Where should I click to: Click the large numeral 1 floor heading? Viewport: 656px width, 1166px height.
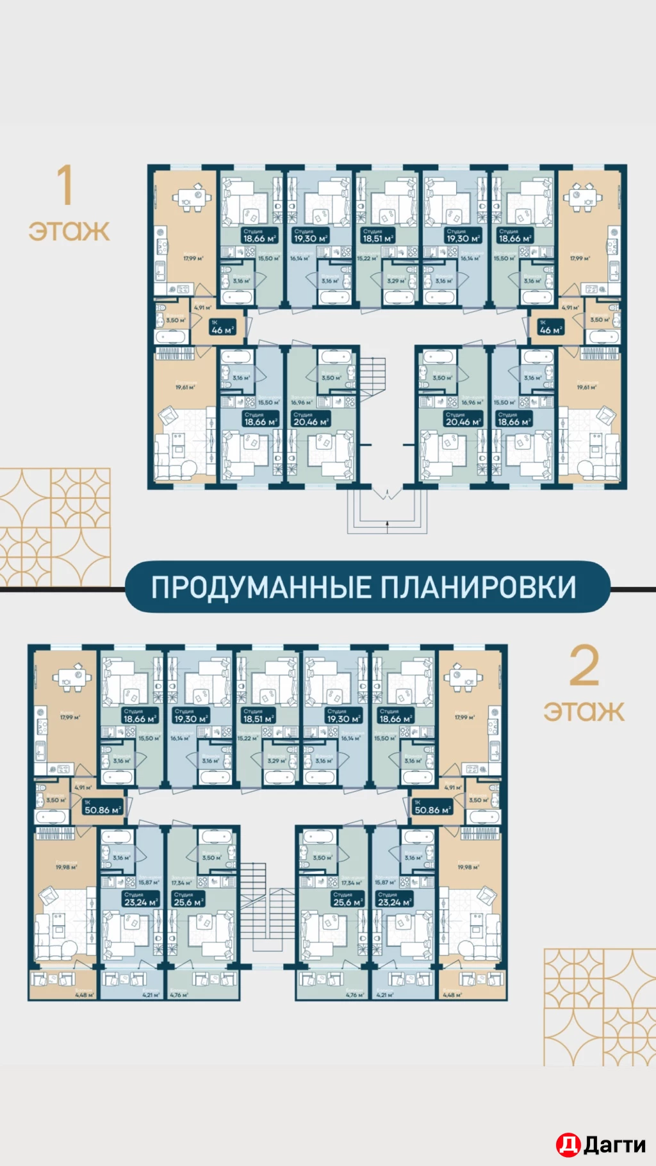point(65,185)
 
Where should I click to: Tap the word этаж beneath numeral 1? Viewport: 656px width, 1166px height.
point(69,231)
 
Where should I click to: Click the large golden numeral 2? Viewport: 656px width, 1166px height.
point(584,666)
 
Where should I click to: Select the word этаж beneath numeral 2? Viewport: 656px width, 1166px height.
point(584,710)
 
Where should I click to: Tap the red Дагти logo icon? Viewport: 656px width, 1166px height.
point(568,1145)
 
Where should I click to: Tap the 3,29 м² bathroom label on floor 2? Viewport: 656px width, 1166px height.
point(277,761)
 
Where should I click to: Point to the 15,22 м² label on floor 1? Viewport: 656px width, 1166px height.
point(368,259)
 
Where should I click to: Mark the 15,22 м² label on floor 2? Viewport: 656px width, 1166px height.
point(248,739)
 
